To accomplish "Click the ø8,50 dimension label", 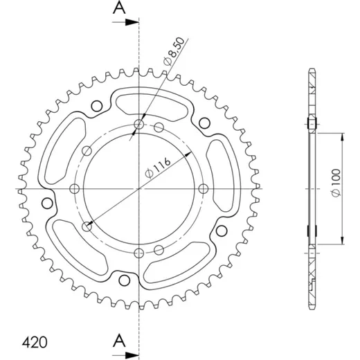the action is [174, 51].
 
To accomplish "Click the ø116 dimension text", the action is [158, 168].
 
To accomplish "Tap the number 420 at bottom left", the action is [35, 343].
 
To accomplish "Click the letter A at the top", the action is [119, 8].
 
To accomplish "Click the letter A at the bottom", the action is [119, 341].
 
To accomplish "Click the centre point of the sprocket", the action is [138, 189].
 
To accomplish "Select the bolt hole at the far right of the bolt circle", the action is [204, 189].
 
